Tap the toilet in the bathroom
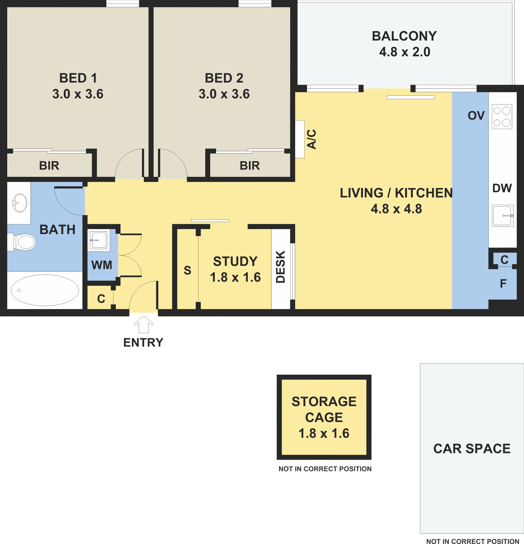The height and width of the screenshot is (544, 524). (22, 242)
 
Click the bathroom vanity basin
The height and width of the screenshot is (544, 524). (20, 203)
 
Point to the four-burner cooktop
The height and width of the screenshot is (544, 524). (502, 117)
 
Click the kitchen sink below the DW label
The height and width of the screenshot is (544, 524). (503, 216)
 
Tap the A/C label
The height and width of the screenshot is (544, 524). (312, 139)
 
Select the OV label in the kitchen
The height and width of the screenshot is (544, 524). (476, 115)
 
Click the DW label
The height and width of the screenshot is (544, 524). (502, 188)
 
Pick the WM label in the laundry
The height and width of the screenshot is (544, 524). (102, 265)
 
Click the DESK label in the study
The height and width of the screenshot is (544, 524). (280, 267)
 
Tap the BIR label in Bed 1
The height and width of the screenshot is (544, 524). (49, 166)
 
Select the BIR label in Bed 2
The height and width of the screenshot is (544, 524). (250, 166)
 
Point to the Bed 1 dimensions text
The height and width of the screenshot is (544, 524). (78, 94)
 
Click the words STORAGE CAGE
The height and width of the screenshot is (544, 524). (324, 409)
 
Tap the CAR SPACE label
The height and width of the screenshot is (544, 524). (472, 449)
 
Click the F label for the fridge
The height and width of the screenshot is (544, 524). (503, 284)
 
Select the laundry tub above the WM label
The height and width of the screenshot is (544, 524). (98, 240)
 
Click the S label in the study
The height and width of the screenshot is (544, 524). (188, 270)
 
